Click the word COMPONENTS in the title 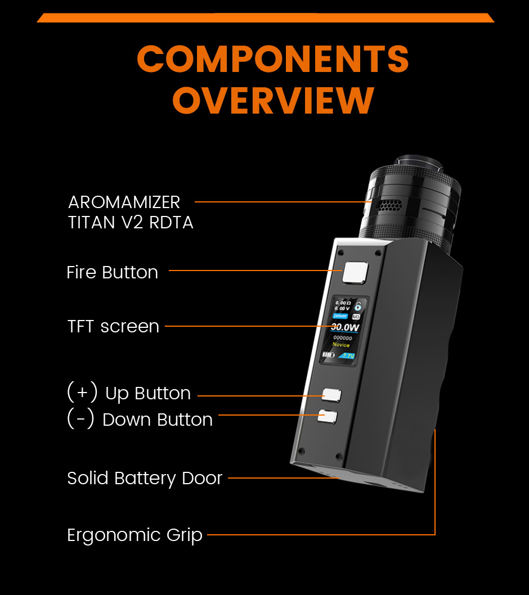(273, 58)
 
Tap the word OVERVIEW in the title (273, 100)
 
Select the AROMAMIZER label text (124, 202)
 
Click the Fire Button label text (112, 272)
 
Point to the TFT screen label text (113, 326)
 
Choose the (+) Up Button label (129, 393)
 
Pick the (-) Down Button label (140, 419)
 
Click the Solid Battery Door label (145, 478)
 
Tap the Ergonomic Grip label (135, 534)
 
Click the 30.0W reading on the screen (344, 327)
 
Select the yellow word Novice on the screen (341, 345)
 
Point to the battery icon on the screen (329, 355)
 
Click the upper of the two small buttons (331, 395)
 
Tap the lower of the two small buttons (327, 416)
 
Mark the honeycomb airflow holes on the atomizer (385, 206)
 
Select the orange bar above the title (265, 18)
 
